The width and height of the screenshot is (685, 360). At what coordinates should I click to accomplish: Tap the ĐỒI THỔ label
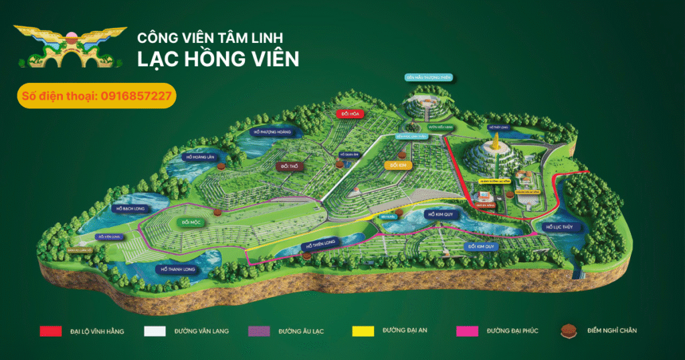pos(290,165)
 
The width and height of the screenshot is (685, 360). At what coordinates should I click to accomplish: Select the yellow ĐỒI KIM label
pos(397,164)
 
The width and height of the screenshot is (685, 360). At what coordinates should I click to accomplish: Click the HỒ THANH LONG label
pos(178,269)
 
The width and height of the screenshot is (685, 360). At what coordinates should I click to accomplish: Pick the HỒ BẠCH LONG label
pos(128,209)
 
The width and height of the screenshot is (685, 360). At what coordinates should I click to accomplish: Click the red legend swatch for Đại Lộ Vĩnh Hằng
pos(50,331)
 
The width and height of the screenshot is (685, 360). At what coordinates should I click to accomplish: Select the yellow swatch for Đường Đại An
pos(363,331)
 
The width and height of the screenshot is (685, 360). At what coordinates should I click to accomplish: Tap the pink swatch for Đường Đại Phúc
pos(467,331)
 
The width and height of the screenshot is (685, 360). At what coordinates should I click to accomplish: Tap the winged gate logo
pos(71,47)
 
